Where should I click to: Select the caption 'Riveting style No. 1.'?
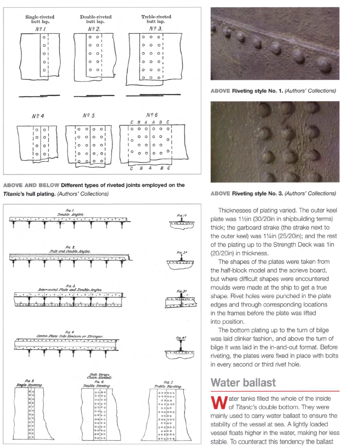tap(273, 91)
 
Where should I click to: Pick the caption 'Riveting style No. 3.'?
tap(273, 194)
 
